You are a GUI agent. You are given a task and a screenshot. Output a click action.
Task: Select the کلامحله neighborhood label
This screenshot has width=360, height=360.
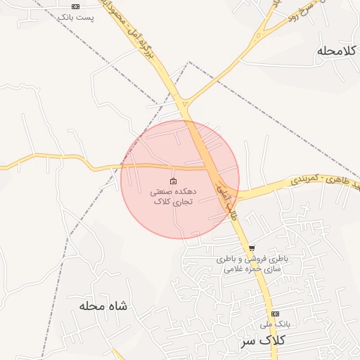(x=337, y=51)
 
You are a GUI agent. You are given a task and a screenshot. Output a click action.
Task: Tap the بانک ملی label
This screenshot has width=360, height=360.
(x=274, y=324)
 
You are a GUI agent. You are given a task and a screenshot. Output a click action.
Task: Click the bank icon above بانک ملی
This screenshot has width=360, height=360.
(x=275, y=314)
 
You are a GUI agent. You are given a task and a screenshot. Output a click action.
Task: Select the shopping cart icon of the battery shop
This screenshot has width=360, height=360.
(x=252, y=248)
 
